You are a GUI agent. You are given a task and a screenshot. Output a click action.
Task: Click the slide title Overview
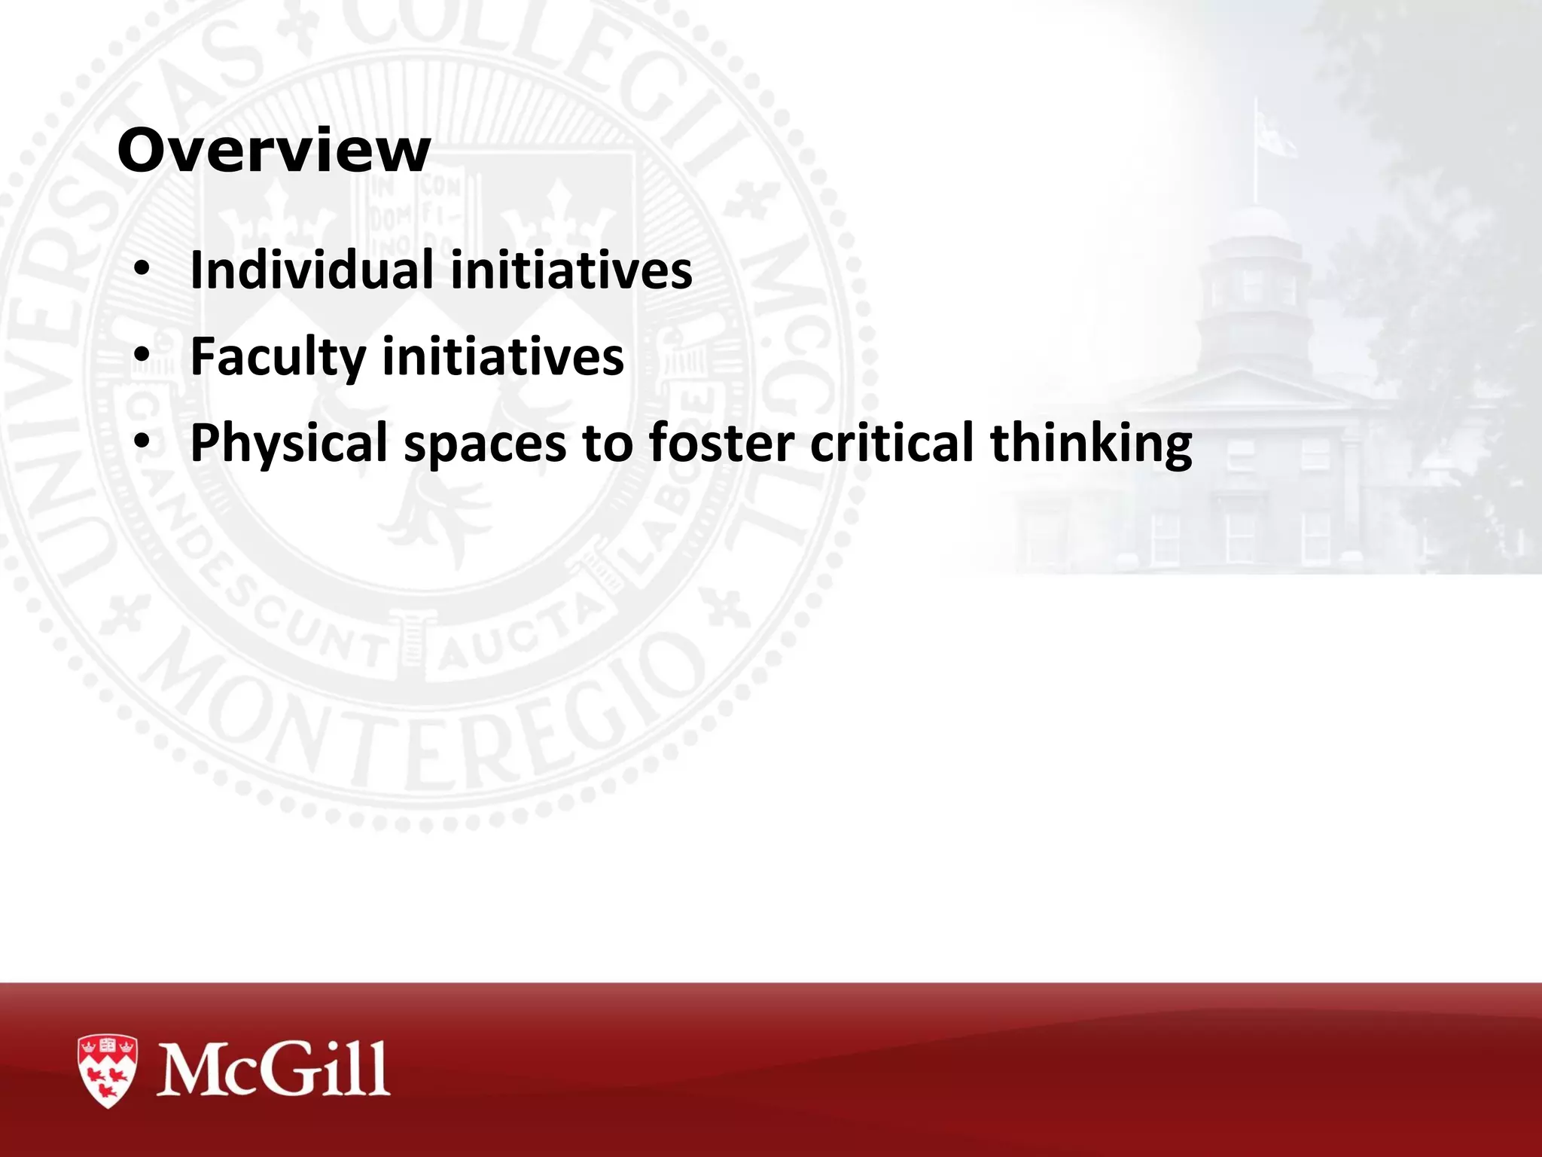pos(274,151)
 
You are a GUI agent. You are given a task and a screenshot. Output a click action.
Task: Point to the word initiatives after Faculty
pos(503,356)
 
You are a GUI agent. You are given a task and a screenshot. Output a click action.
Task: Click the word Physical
pos(288,443)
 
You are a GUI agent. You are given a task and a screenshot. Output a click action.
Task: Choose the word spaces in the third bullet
pos(484,444)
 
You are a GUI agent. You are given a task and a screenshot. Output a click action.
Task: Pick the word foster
pos(721,443)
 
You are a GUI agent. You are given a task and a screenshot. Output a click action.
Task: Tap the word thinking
pos(1091,444)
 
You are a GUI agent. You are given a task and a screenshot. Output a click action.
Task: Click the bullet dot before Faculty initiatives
pos(142,356)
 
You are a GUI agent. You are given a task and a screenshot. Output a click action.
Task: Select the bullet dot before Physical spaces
pos(142,443)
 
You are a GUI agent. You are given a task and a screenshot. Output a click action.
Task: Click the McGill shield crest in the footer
pos(108,1070)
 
